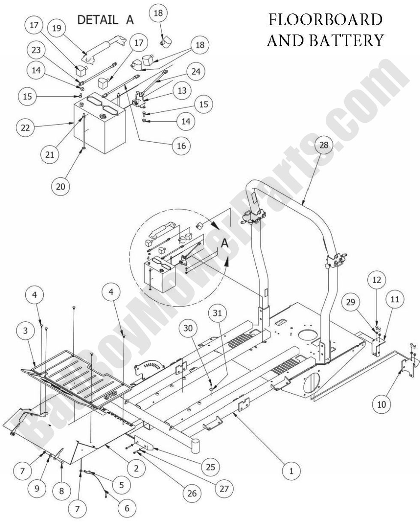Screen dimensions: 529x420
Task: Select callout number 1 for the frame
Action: click(x=291, y=471)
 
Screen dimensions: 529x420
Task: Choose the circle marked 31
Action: click(x=215, y=314)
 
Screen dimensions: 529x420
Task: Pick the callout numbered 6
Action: click(x=126, y=508)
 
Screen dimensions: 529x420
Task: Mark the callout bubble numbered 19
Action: click(x=57, y=28)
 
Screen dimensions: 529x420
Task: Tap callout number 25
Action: click(x=210, y=466)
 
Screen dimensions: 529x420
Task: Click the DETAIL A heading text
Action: click(x=105, y=19)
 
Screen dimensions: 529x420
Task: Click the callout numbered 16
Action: click(x=181, y=146)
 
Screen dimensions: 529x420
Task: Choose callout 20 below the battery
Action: click(x=61, y=186)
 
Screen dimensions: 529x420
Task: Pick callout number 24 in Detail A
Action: click(x=196, y=72)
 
